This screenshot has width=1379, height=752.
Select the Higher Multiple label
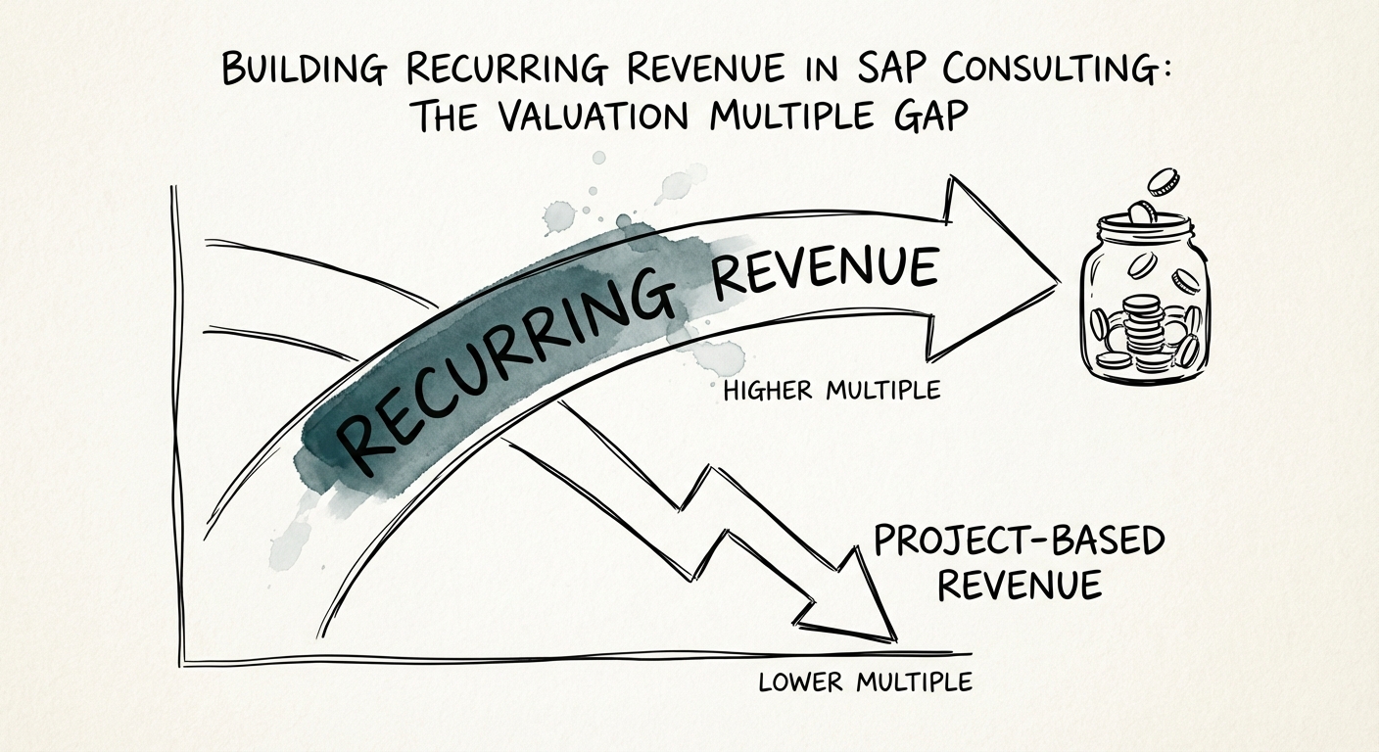pyautogui.click(x=831, y=391)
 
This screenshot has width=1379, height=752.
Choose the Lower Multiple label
pyautogui.click(x=865, y=681)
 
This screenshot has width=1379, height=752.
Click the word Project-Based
pyautogui.click(x=1020, y=541)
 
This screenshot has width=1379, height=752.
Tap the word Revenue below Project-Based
pyautogui.click(x=1020, y=587)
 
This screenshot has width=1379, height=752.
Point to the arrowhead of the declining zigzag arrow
pyautogui.click(x=852, y=607)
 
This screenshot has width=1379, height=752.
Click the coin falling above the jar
pyautogui.click(x=1164, y=181)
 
